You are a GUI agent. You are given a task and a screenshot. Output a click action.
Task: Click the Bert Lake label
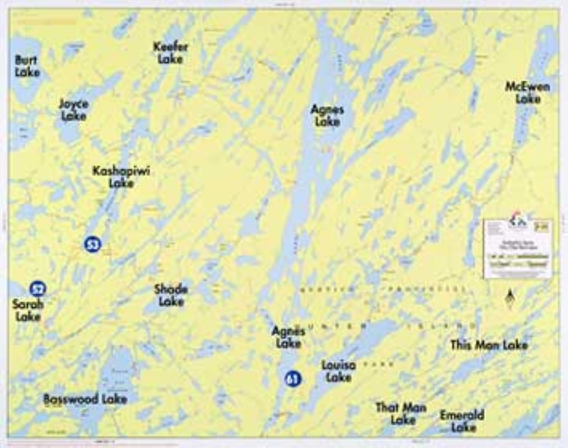click(x=27, y=65)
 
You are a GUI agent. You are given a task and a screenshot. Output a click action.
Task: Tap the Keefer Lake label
click(x=170, y=53)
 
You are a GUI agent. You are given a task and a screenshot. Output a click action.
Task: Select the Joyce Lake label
click(x=73, y=110)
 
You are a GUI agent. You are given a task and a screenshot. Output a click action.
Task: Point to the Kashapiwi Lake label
click(x=121, y=177)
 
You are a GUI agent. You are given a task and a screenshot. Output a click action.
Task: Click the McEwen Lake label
click(x=527, y=92)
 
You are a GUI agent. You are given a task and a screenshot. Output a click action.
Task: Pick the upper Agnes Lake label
click(x=327, y=115)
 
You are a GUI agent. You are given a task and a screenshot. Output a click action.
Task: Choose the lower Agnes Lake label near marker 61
click(x=288, y=337)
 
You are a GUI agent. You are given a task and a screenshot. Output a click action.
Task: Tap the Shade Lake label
click(x=171, y=295)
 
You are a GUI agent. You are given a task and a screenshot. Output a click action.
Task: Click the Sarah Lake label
click(x=27, y=310)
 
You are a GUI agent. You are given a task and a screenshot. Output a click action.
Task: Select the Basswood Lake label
click(x=85, y=399)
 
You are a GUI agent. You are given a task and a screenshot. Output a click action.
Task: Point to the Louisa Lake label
click(x=338, y=371)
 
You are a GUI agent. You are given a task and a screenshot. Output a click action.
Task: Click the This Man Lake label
click(x=489, y=345)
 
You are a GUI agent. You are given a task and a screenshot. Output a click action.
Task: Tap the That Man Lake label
click(x=401, y=413)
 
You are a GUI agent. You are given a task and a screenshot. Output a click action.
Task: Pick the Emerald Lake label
click(x=462, y=421)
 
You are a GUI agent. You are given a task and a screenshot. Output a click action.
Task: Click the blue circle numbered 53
click(x=92, y=244)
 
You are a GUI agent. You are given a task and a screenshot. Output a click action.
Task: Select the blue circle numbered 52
click(x=38, y=289)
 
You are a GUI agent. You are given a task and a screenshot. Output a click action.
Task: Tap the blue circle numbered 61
click(x=292, y=379)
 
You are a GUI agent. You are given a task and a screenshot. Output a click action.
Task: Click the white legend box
click(x=518, y=249)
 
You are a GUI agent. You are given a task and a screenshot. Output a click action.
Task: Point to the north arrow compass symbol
click(x=509, y=298)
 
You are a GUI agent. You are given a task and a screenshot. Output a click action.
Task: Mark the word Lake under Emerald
click(x=463, y=428)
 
